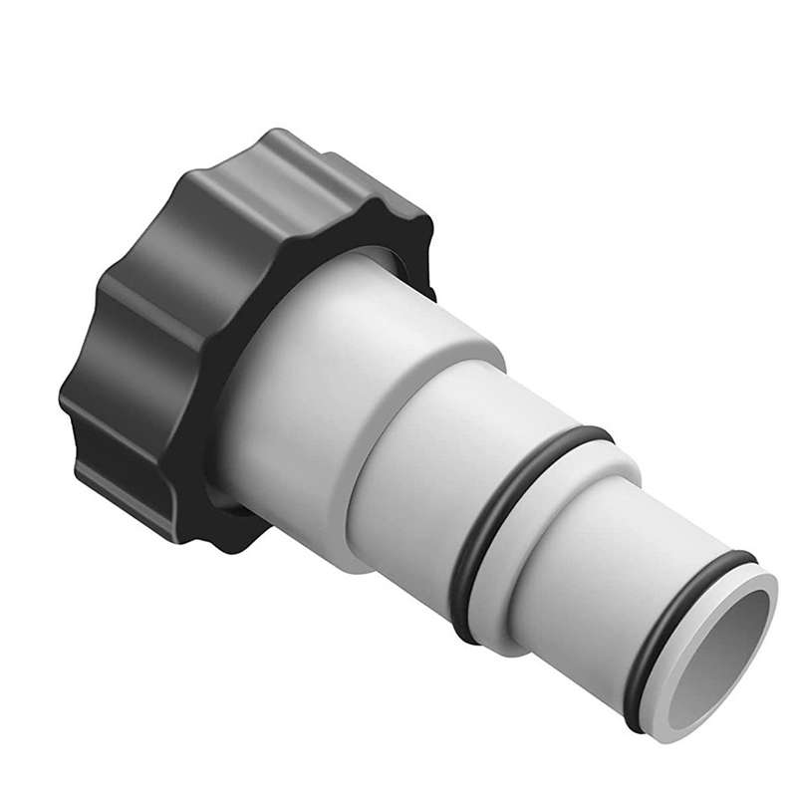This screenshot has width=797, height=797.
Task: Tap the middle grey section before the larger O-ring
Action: tap(418, 478)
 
